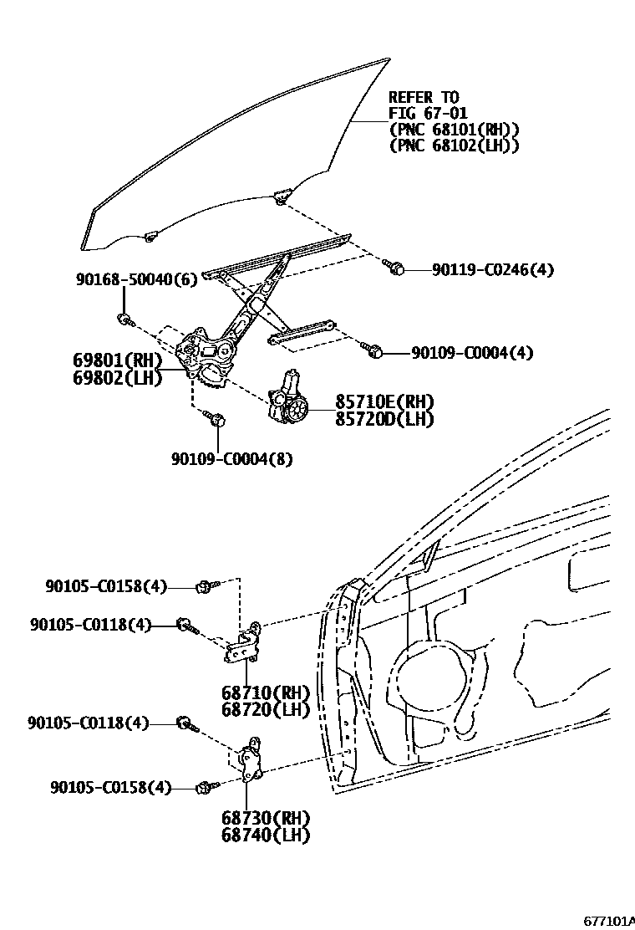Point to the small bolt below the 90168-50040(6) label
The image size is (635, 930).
click(123, 318)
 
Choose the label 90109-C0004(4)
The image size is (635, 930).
click(472, 353)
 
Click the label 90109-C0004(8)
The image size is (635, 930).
click(232, 458)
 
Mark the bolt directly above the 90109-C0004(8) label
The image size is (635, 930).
click(217, 419)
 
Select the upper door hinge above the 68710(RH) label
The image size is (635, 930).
click(245, 644)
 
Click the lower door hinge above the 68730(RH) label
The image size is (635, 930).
click(248, 762)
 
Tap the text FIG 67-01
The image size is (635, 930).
click(428, 114)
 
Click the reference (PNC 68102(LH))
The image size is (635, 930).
click(455, 146)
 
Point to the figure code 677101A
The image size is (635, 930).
click(608, 921)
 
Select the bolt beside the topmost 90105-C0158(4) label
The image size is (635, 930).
click(205, 587)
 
